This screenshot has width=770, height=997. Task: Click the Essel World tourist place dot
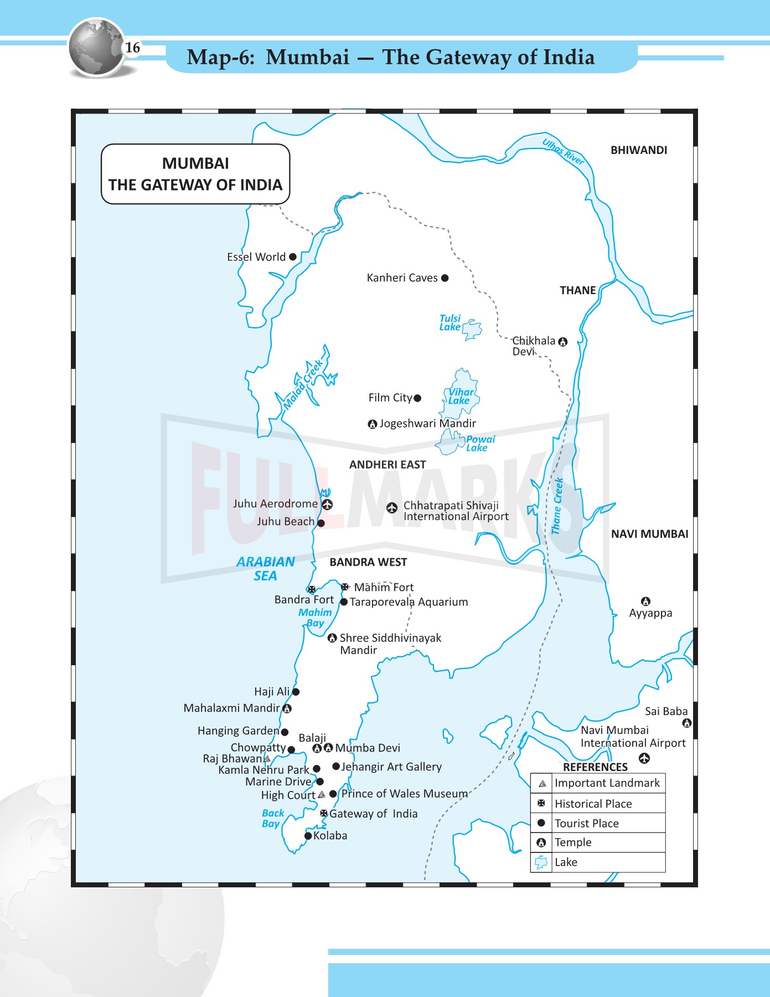coord(293,256)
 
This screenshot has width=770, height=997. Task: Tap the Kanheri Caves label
coord(402,278)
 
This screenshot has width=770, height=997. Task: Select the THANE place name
coord(577,290)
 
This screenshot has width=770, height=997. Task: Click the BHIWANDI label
coord(639,150)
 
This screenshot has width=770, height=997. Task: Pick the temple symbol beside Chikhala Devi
coord(563,342)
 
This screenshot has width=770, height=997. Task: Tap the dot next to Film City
coord(417,398)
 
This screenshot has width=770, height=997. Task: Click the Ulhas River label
coord(563,152)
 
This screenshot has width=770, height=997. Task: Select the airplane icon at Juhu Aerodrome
coord(327,504)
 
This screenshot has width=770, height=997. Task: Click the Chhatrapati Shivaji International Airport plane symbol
coord(392,507)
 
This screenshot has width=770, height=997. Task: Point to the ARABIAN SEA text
coord(266,569)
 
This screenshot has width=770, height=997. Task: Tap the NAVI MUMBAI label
coord(649,534)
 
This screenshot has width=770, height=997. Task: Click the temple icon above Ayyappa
coord(645,601)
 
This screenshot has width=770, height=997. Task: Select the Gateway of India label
coord(374,814)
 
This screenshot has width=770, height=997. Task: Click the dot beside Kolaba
coord(308,836)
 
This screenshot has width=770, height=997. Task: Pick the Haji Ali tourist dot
coord(296,692)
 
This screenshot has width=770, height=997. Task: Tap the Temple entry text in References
coord(573,842)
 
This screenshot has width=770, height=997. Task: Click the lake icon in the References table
coord(541,862)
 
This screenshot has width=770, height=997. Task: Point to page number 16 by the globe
coord(133,48)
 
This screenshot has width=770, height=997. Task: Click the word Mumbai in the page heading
coord(308,57)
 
